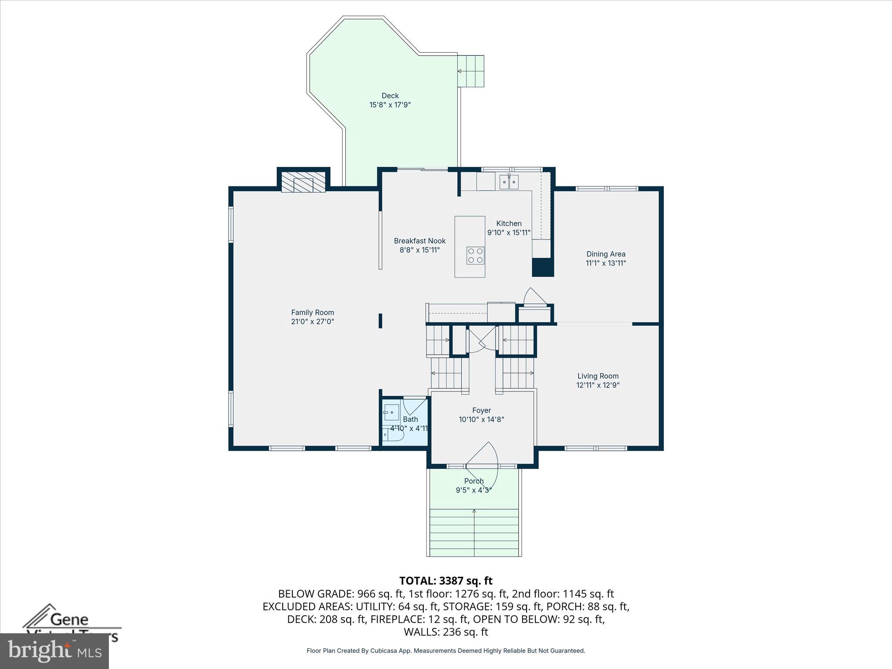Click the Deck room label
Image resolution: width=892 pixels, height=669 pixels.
[x=390, y=95]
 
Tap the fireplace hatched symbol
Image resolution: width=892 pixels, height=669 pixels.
[x=303, y=182]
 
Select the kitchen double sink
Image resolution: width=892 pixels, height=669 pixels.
[x=509, y=182]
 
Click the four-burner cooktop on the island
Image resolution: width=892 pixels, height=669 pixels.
[x=475, y=256]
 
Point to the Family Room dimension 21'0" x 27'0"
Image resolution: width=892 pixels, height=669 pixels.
[x=312, y=322]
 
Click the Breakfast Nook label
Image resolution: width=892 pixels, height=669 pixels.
[x=419, y=241]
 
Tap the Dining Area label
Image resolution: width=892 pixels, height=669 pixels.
[x=605, y=254]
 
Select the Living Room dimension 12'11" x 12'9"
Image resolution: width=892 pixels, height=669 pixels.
[x=598, y=385]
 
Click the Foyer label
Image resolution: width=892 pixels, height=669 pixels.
[x=481, y=410]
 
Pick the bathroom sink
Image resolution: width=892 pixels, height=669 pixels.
[x=391, y=412]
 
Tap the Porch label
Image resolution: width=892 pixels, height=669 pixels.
[x=474, y=481]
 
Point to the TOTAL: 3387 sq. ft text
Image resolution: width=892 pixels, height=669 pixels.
[x=446, y=581]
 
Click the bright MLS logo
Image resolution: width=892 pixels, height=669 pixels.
[x=54, y=651]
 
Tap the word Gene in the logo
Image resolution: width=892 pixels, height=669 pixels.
[x=69, y=620]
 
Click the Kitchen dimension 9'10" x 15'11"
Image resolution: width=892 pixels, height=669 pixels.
[x=509, y=233]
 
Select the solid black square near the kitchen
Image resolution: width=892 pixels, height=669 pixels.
[x=543, y=267]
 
